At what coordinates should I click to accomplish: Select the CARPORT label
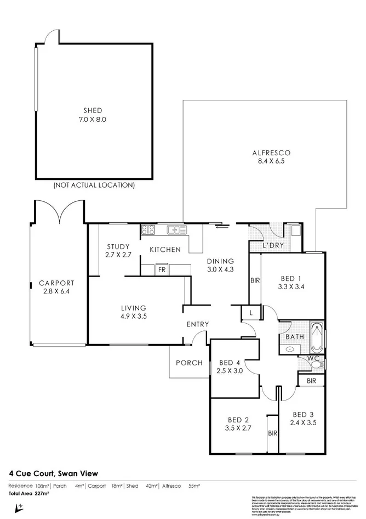56,283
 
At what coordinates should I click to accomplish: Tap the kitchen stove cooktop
148,230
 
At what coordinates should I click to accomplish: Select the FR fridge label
162,270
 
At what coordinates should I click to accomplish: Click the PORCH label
189,363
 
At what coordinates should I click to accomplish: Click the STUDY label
118,246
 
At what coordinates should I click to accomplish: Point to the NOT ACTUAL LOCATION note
94,185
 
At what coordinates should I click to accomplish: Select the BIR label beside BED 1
255,280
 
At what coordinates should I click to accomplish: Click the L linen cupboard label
250,313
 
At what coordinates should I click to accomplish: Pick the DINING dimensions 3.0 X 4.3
220,269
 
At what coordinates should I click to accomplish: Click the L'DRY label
273,245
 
